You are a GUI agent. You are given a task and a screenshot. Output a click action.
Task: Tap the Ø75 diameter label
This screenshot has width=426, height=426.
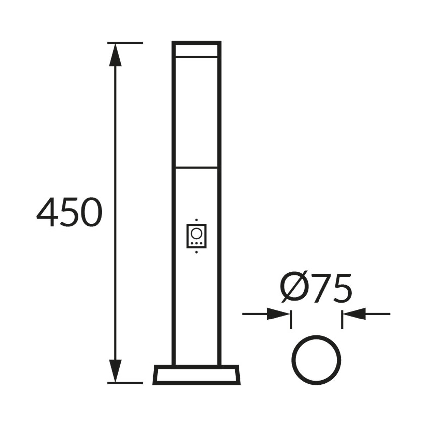315,288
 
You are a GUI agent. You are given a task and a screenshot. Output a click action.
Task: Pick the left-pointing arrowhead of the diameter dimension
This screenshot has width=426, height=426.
355,314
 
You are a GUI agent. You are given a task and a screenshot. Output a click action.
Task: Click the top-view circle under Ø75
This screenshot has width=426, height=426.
316,360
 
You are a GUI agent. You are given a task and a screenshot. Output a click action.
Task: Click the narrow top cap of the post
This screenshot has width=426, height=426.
196,49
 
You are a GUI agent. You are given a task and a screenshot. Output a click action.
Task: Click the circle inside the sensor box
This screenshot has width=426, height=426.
196,233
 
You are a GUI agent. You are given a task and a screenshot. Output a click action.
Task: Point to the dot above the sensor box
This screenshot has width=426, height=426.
196,220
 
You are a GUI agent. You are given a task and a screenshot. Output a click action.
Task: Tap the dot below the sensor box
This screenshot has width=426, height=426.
196,252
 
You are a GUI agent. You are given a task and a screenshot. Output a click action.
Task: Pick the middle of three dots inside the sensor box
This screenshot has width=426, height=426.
196,243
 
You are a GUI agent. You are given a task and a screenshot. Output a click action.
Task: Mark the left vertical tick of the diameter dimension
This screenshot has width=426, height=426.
291,319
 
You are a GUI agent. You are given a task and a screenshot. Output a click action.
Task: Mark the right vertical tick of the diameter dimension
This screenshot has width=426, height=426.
342,319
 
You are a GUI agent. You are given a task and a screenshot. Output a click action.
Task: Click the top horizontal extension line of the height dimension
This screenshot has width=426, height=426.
125,43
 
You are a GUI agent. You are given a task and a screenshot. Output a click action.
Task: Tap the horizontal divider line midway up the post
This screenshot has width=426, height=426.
196,167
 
